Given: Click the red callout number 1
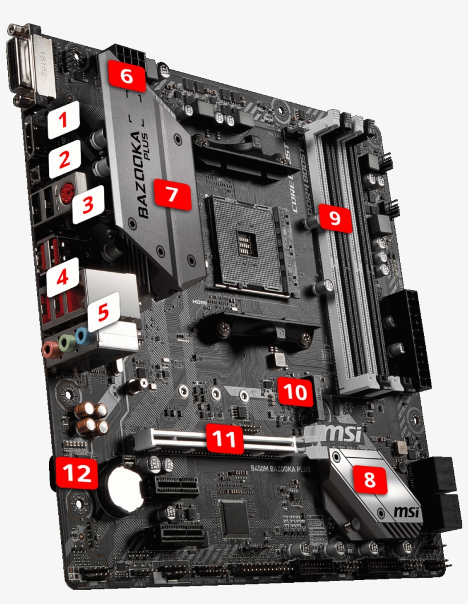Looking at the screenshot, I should (x=63, y=121).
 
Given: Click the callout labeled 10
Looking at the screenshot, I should (x=296, y=392).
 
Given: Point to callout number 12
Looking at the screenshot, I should (x=76, y=473).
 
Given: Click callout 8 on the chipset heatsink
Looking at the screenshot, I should (x=370, y=480).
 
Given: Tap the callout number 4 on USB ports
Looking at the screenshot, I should (x=63, y=278).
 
